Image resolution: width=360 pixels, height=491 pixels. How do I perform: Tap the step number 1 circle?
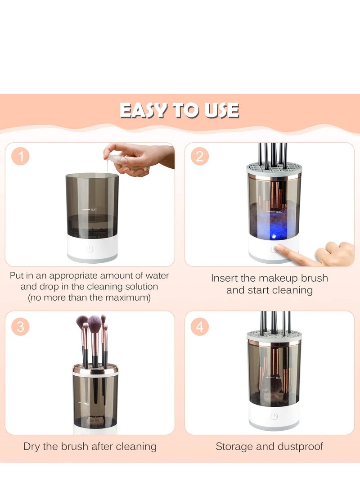pyautogui.click(x=20, y=157)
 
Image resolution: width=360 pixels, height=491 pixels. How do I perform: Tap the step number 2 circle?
pyautogui.click(x=199, y=157)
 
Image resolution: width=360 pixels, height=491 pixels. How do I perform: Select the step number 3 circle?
pyautogui.click(x=20, y=326)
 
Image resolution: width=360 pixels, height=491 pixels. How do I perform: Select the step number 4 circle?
pyautogui.click(x=199, y=326)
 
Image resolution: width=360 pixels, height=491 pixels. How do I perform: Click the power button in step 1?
pyautogui.click(x=90, y=249)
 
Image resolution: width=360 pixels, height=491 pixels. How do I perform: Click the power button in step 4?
pyautogui.click(x=274, y=416)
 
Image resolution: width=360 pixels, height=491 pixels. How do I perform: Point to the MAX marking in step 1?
pyautogui.click(x=93, y=209)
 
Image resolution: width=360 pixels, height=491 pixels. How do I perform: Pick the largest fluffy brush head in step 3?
pyautogui.click(x=94, y=323)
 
